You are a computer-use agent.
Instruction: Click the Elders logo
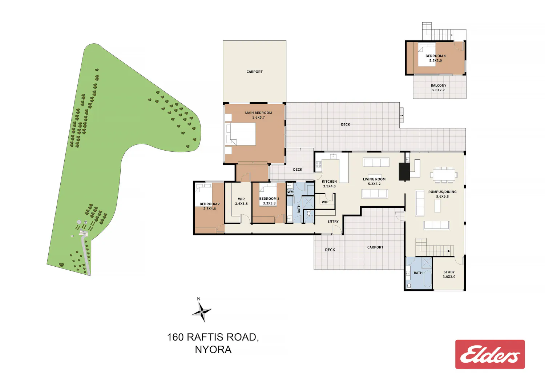490,354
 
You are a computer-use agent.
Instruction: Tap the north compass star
202,312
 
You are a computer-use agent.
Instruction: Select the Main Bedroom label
258,115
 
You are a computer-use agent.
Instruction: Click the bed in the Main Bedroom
241,134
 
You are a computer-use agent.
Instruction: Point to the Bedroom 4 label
436,58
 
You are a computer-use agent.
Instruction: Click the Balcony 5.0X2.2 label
439,88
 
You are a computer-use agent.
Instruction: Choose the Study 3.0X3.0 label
449,274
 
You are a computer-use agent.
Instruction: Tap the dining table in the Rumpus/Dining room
444,175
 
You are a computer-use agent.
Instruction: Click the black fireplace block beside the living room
404,172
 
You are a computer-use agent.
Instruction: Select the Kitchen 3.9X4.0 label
329,184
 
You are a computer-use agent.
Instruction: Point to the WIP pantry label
325,202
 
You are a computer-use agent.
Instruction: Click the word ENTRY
333,221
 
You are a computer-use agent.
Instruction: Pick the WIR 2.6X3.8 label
241,201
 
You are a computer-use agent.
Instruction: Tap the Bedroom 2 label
210,206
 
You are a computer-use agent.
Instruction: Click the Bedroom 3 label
269,201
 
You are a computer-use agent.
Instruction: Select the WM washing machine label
290,192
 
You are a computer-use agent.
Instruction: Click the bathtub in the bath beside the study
428,278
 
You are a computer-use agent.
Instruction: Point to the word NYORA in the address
213,350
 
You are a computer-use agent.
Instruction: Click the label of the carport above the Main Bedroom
254,72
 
